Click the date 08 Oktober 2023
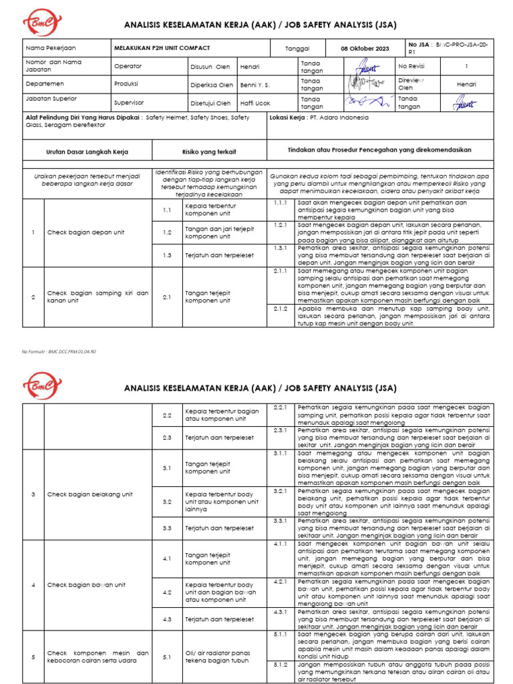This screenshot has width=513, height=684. [364, 49]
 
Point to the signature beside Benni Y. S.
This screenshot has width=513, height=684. [366, 84]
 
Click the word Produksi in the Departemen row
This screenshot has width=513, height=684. [127, 85]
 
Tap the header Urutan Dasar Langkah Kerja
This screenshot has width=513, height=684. [87, 152]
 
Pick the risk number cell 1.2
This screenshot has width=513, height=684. [168, 232]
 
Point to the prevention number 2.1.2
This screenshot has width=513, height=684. [280, 309]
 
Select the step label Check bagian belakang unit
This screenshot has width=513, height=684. [90, 494]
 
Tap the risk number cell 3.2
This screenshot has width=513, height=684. [168, 502]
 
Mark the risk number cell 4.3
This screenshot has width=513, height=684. [168, 619]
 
